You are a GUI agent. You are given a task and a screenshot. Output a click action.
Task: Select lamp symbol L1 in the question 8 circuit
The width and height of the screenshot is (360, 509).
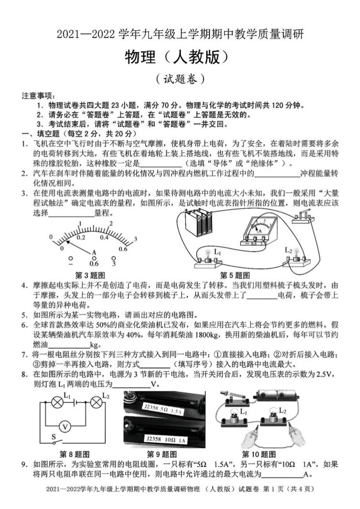click(57, 403)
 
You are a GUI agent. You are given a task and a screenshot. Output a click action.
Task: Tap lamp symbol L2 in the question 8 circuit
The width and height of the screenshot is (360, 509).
click(96, 403)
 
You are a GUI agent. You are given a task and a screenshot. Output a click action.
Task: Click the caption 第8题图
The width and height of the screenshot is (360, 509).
click(74, 454)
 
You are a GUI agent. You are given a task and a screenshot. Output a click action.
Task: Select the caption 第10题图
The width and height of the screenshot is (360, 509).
click(259, 454)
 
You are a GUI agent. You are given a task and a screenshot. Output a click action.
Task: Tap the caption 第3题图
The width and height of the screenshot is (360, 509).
click(90, 275)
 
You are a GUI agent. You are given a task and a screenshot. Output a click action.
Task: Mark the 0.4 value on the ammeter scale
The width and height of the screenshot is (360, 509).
click(104, 237)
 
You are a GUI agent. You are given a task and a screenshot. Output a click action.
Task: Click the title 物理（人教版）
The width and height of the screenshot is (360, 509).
click(180, 57)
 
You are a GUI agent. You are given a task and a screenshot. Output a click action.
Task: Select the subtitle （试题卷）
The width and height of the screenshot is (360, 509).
click(180, 78)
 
